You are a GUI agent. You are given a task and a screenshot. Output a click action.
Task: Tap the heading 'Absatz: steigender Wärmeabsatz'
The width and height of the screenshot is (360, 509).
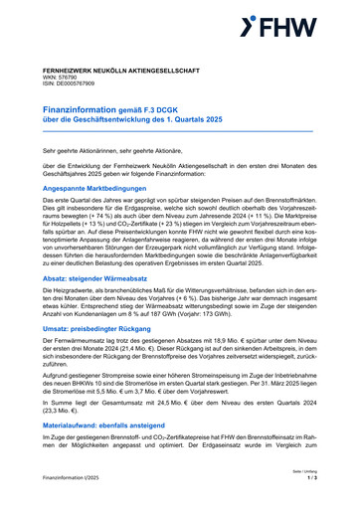tap(103, 279)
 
